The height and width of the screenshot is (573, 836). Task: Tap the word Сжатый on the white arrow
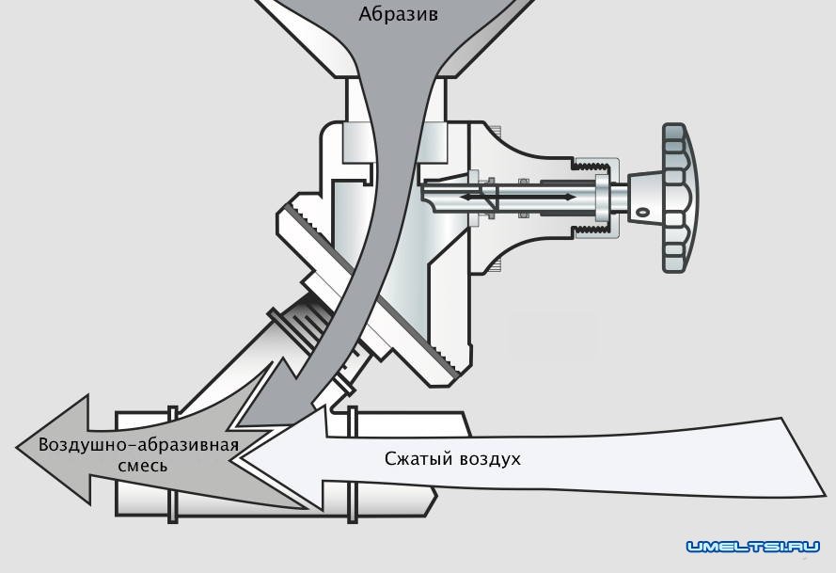[x=418, y=459]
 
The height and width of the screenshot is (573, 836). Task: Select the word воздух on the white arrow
[x=489, y=459]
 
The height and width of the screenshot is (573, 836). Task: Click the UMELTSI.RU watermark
[x=753, y=547]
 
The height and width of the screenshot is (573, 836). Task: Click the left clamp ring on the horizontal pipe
[x=173, y=460]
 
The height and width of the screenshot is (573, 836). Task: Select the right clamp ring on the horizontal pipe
[x=353, y=460]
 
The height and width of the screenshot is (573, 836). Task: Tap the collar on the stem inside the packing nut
[x=601, y=197]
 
